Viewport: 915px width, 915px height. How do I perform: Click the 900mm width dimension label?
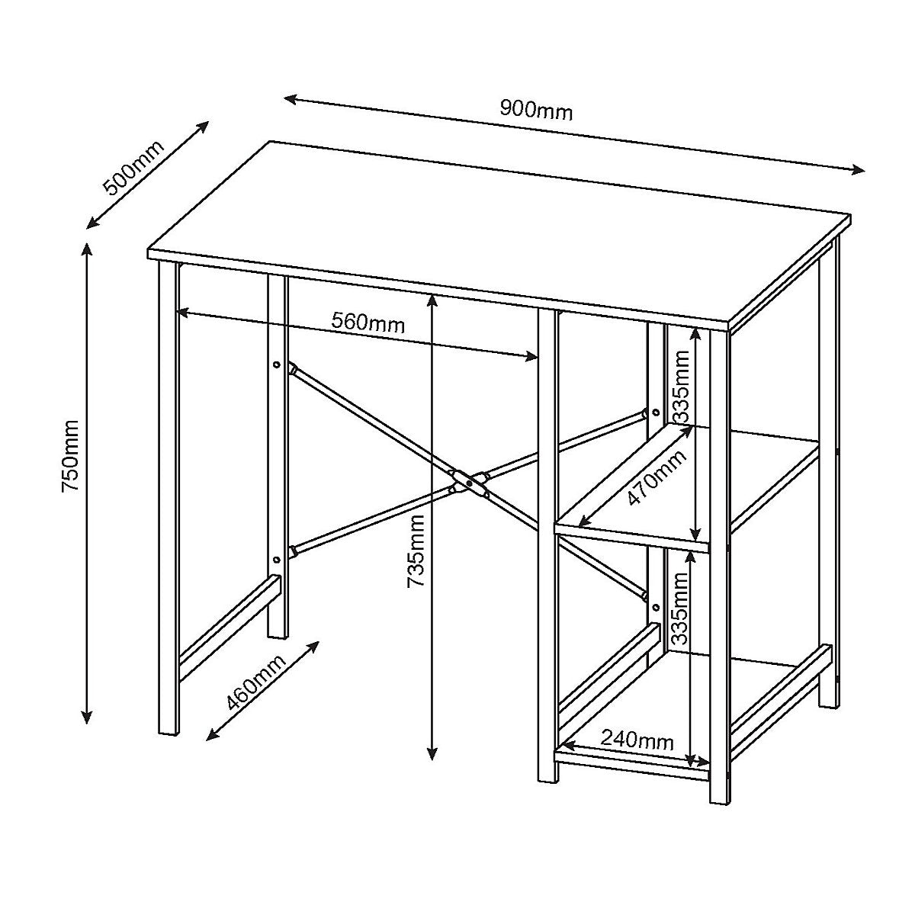(536, 111)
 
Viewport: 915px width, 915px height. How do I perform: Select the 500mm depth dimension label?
(133, 169)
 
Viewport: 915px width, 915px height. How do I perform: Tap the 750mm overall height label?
(70, 454)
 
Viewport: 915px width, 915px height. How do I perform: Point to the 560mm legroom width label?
(368, 323)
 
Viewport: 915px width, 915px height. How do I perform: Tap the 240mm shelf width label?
(637, 740)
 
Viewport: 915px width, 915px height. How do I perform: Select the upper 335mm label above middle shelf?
(681, 387)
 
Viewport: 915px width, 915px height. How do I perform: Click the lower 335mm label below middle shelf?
(681, 608)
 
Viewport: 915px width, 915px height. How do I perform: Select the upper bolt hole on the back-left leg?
(276, 365)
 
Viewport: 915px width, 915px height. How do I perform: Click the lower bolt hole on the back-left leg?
(276, 560)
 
